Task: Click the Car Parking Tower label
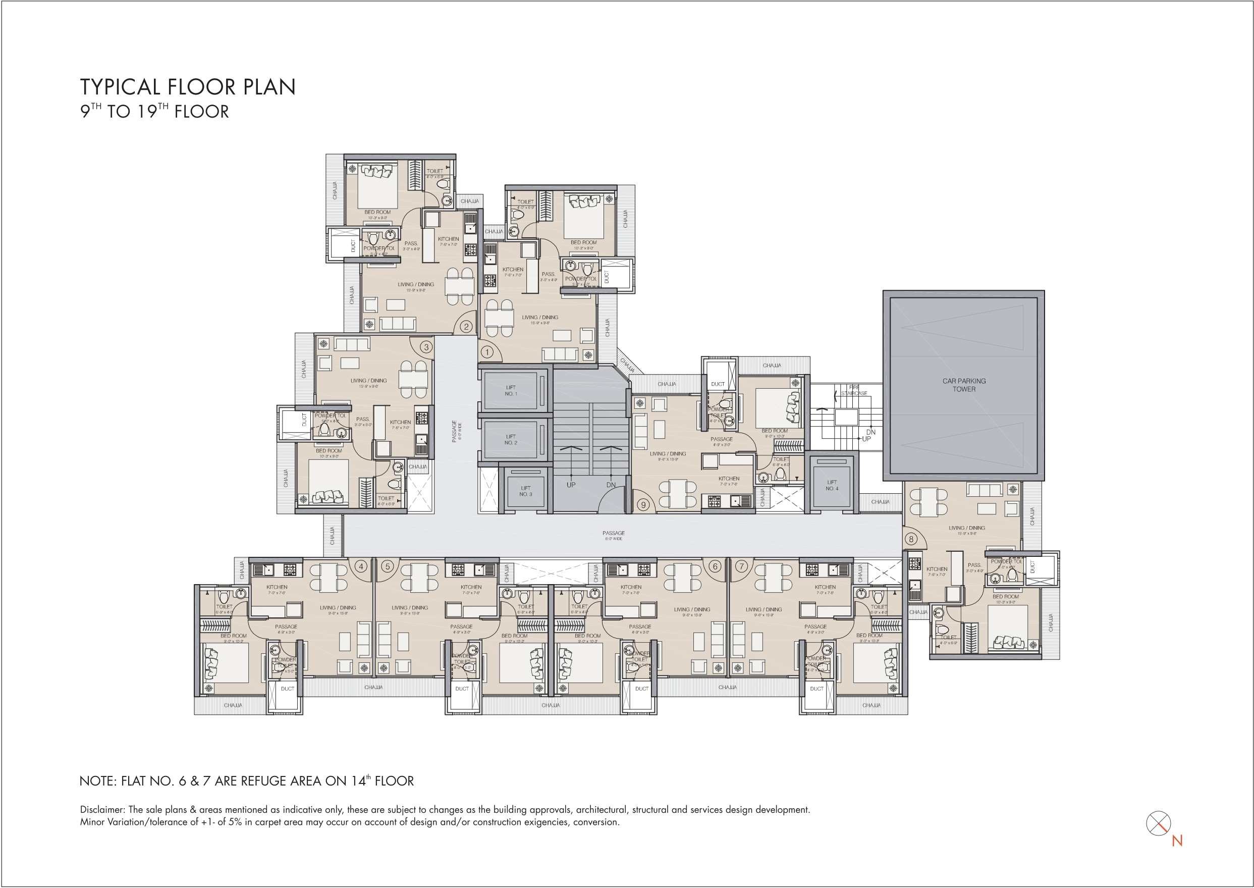coord(964,385)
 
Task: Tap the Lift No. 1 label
coord(511,390)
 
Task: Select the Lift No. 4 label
coord(832,486)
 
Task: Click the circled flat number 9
coord(643,505)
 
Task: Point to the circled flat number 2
coord(466,327)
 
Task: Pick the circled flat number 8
coord(911,539)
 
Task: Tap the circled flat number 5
coord(388,566)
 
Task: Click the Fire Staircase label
coord(854,390)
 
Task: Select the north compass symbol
coord(1158,823)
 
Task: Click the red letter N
coord(1177,841)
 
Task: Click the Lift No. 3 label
coord(525,491)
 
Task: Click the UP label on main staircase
coord(571,485)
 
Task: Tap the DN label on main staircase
coord(611,485)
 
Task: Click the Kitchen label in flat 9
coord(729,479)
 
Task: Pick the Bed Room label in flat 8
coord(1005,597)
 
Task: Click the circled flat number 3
coord(426,347)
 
